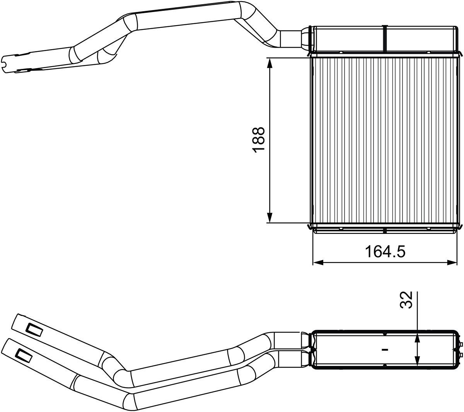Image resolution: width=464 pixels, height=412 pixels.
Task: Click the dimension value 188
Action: [259, 140]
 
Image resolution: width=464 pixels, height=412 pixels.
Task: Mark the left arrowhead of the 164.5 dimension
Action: [317, 263]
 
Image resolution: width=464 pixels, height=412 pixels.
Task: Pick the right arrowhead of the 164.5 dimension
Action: [453, 263]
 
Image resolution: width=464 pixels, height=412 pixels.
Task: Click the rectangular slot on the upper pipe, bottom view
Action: [34, 330]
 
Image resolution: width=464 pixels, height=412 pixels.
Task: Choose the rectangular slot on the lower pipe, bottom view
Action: [24, 355]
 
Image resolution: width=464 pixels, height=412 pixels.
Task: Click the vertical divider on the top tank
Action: [385, 39]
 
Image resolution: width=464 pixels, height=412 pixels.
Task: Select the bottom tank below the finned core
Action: [385, 229]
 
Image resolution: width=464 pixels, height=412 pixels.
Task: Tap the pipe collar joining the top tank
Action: [307, 39]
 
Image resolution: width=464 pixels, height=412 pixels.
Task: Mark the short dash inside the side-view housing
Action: [384, 349]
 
